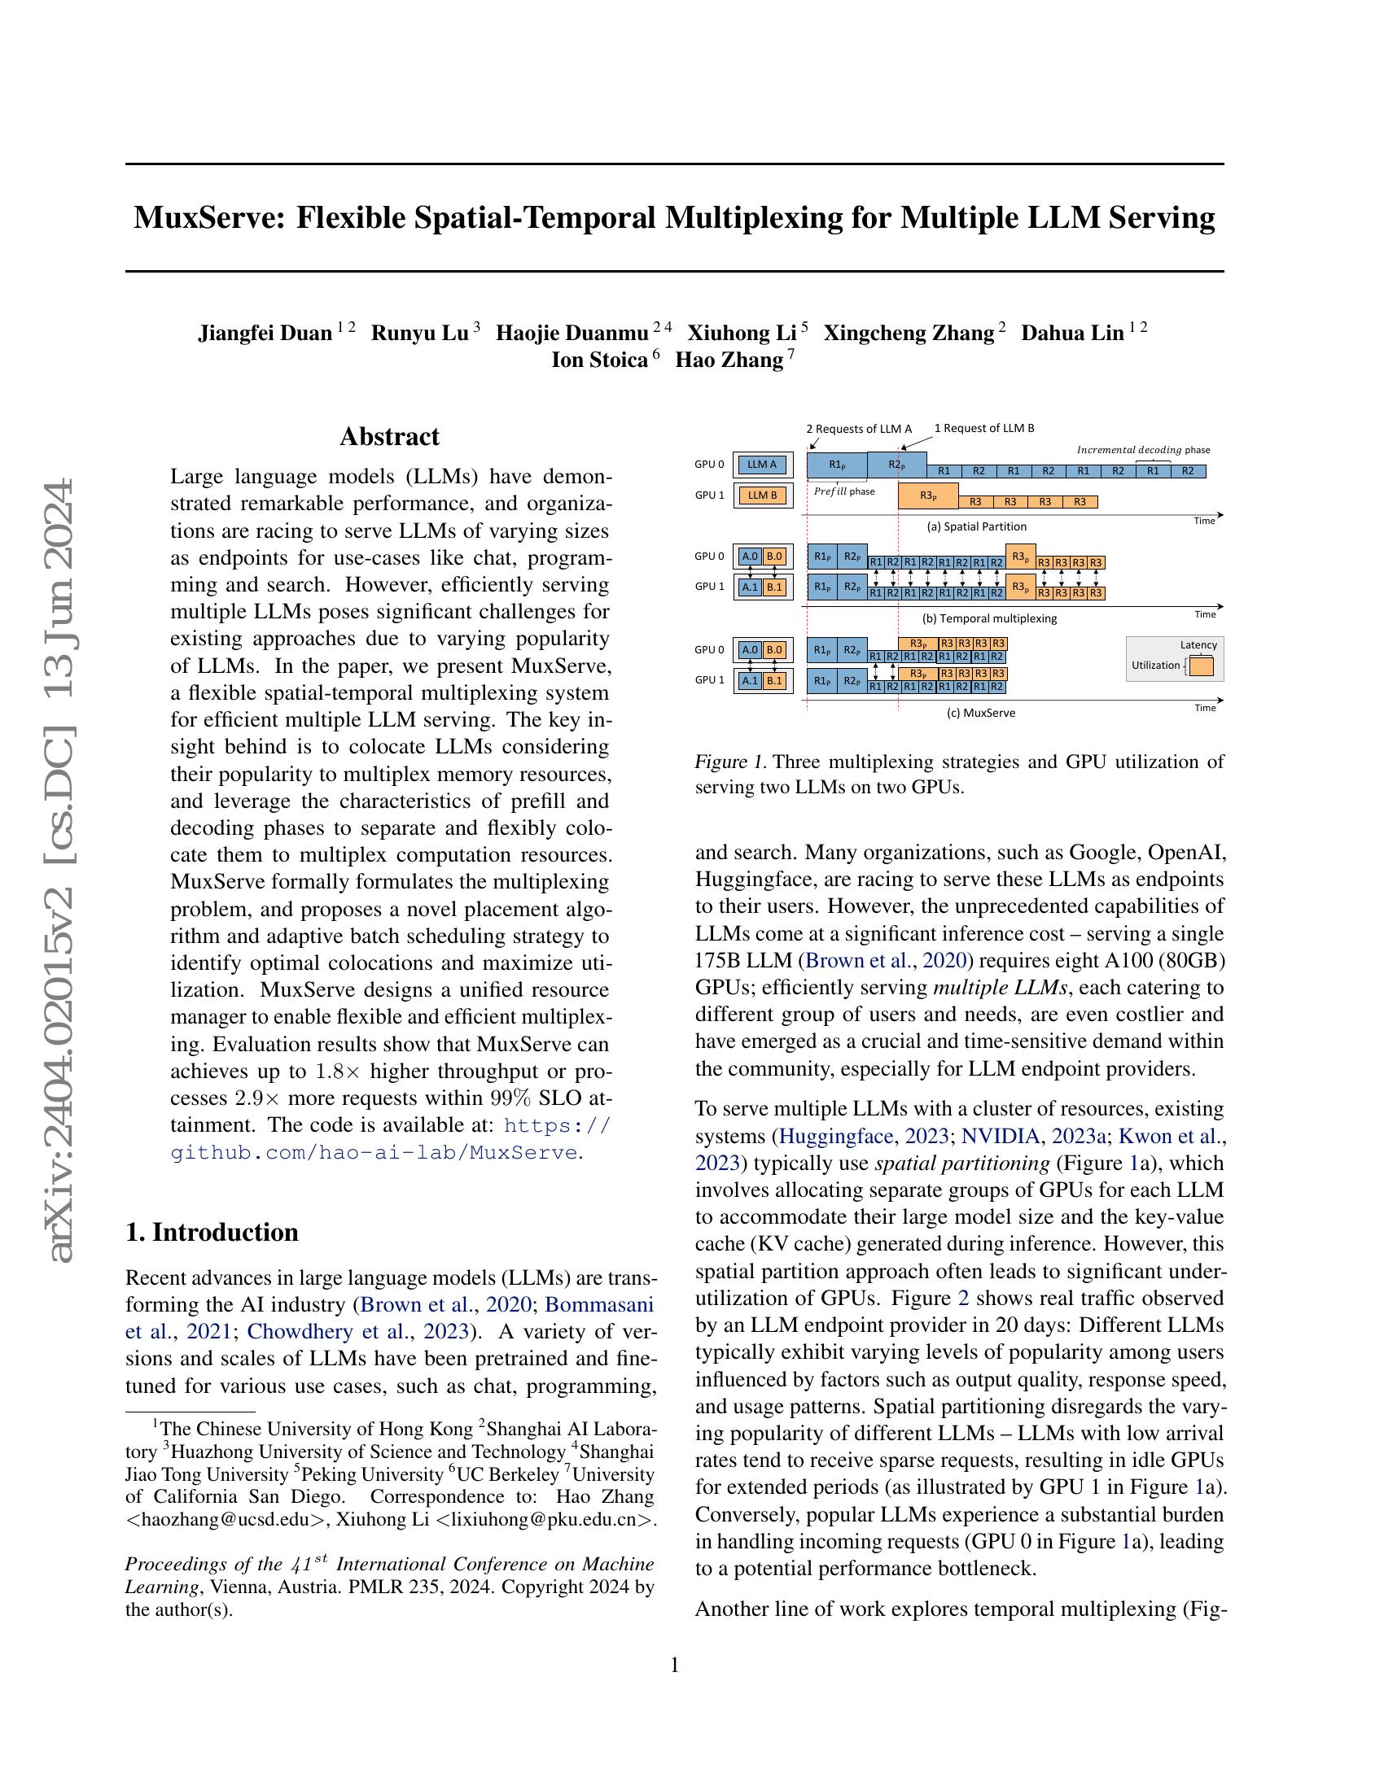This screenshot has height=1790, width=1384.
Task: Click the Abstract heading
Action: click(x=389, y=436)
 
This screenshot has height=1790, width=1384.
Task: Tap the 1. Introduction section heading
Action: click(x=212, y=1232)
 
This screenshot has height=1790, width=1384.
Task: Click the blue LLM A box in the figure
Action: click(x=762, y=465)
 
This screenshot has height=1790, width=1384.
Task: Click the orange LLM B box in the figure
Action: click(x=762, y=495)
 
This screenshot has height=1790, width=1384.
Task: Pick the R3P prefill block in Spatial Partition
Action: click(x=927, y=495)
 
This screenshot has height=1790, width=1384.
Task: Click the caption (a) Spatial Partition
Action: click(x=975, y=526)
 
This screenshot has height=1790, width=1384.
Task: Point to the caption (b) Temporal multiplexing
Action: click(x=989, y=618)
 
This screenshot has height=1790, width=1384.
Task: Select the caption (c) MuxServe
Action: click(x=981, y=712)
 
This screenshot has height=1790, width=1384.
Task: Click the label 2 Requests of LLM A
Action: click(x=858, y=429)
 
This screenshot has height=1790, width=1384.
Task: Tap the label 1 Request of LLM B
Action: click(x=984, y=428)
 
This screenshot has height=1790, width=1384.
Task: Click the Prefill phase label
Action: click(x=843, y=491)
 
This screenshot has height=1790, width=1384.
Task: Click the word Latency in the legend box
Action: click(x=1198, y=645)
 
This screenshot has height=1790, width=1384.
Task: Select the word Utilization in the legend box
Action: click(x=1155, y=665)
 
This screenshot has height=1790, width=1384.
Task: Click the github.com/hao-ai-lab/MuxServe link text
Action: click(x=373, y=1152)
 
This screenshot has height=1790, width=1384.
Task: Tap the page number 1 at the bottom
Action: click(x=675, y=1665)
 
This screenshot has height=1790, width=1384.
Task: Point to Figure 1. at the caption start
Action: click(x=729, y=762)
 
